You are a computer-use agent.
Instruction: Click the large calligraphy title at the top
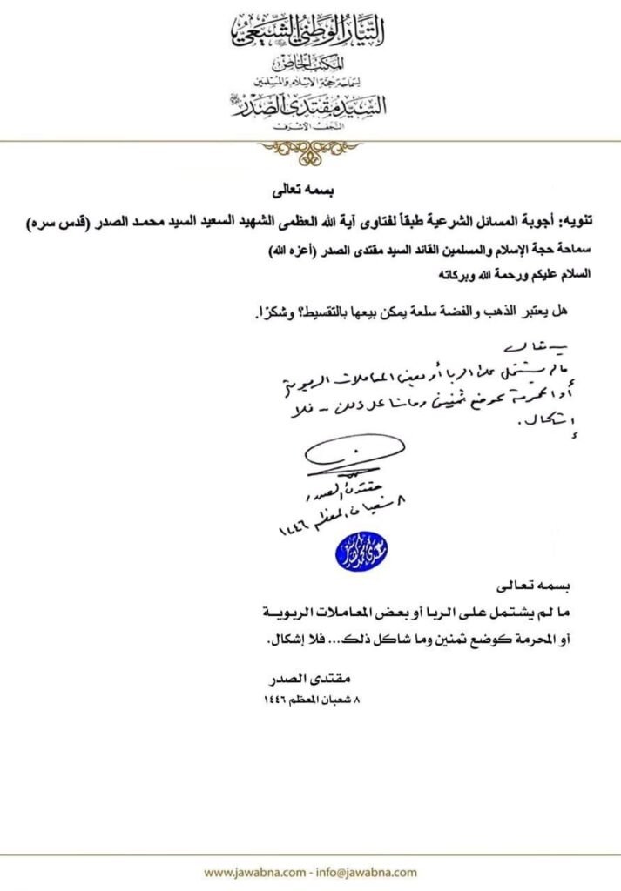310,32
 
